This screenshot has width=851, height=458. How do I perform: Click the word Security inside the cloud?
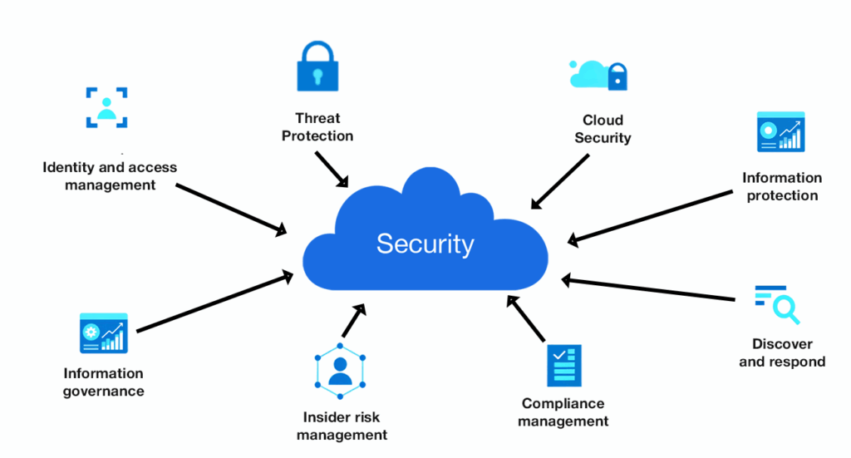(x=425, y=244)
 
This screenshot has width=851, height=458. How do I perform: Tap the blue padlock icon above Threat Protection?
(x=317, y=66)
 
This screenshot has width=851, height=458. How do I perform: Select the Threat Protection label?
(x=317, y=127)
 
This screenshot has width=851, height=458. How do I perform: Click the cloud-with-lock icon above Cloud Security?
(x=598, y=74)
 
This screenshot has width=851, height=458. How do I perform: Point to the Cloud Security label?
(x=603, y=129)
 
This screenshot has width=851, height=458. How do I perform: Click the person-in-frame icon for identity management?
(x=106, y=107)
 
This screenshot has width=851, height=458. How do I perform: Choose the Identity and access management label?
(x=110, y=176)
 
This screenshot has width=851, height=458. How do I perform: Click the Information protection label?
(x=782, y=186)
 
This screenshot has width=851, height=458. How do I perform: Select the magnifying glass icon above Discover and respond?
(x=777, y=304)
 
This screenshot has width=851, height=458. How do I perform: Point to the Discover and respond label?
(x=782, y=352)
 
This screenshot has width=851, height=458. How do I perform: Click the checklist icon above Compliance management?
(x=564, y=365)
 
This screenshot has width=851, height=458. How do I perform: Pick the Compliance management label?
(x=563, y=412)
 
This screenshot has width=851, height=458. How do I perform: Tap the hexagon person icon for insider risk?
(x=339, y=369)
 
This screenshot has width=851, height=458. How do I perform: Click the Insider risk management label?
(x=342, y=426)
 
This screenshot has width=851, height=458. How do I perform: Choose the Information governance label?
(x=103, y=382)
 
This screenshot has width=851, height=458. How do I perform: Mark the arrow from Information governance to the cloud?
(x=214, y=302)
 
